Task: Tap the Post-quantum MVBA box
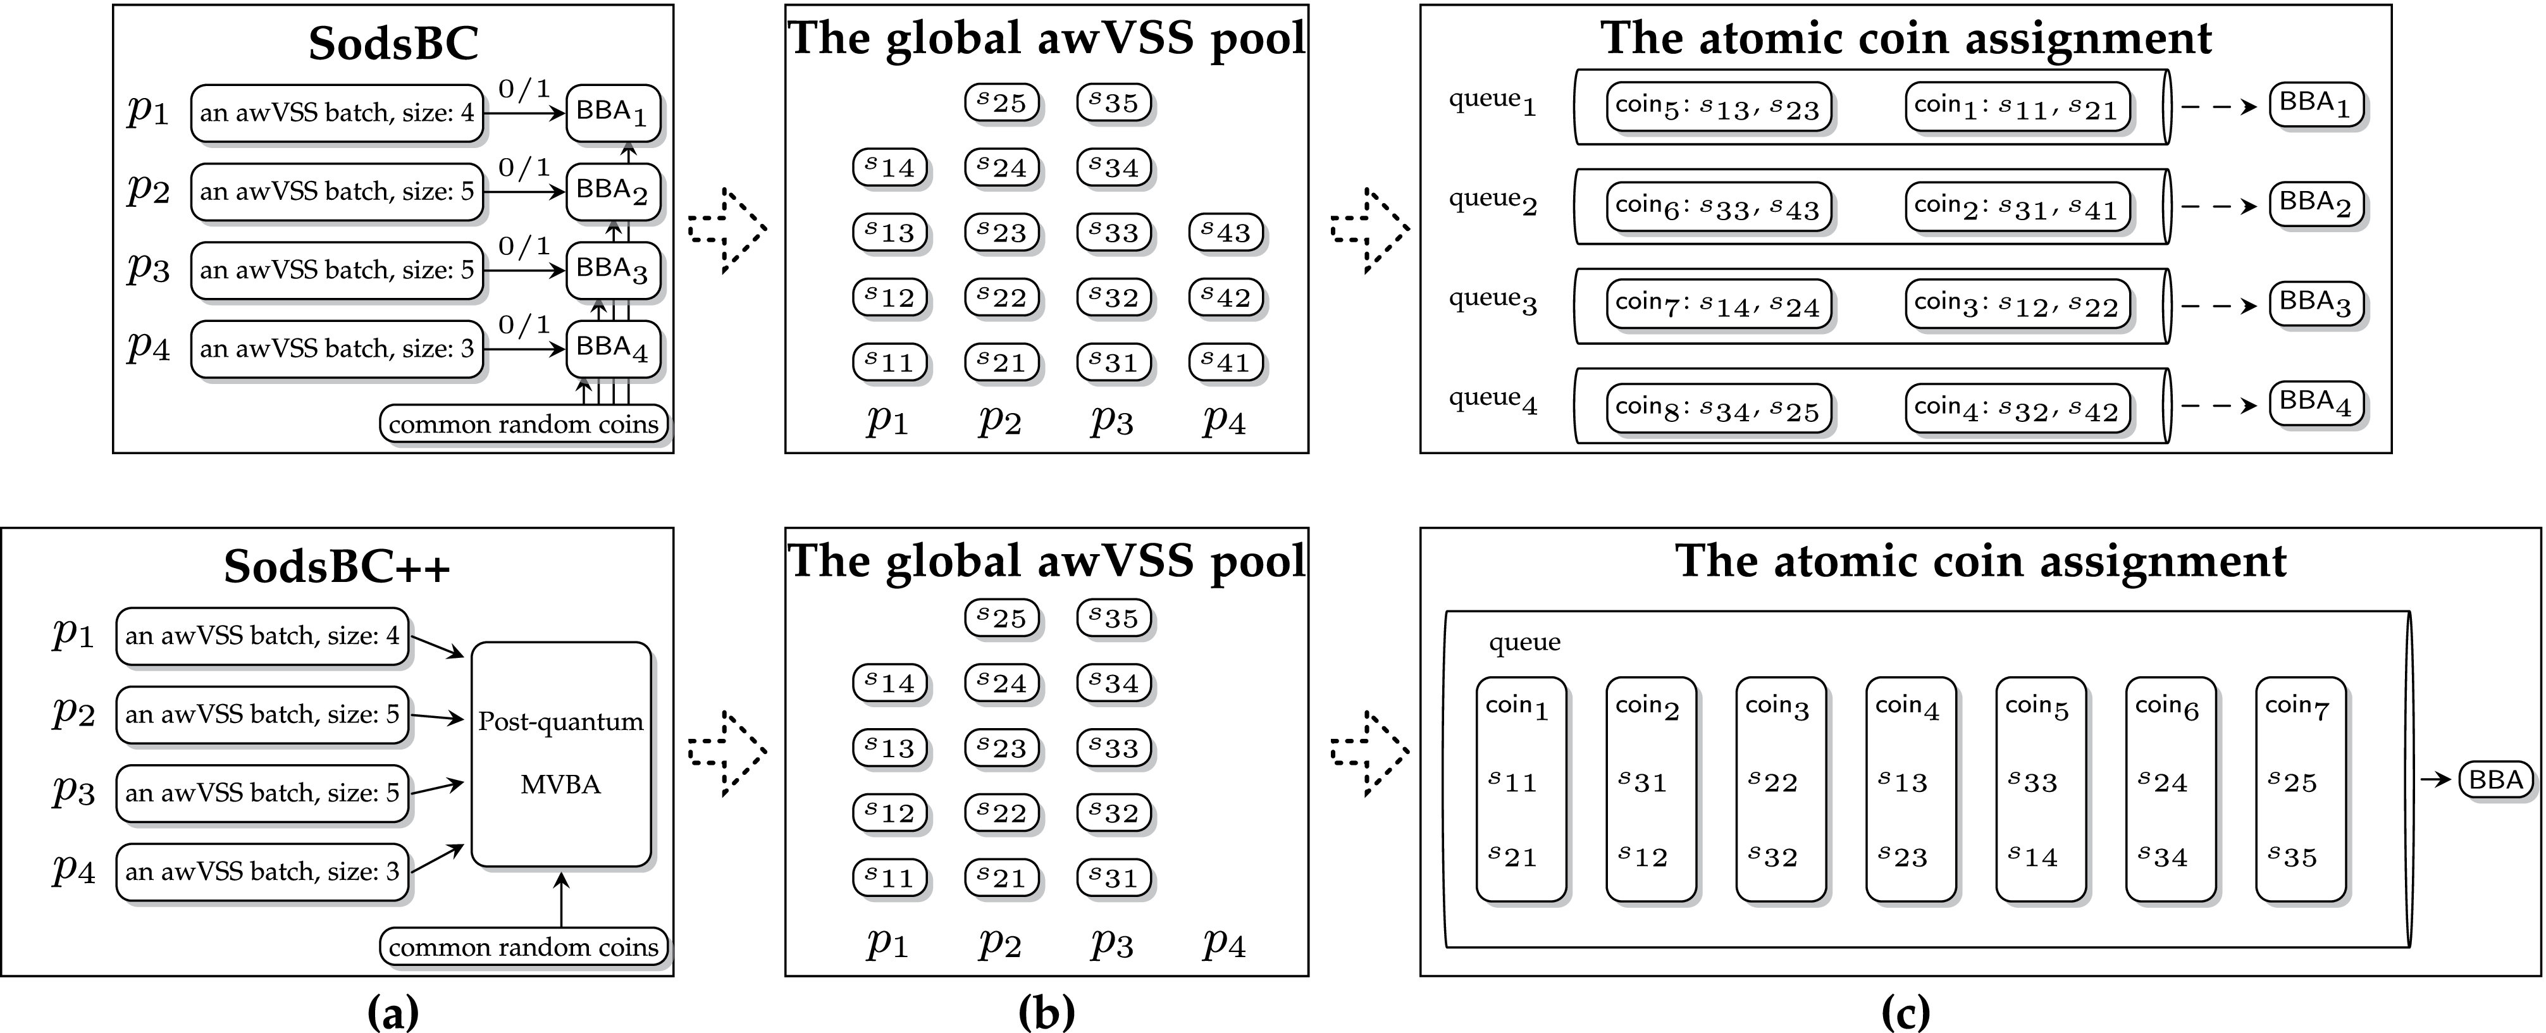560,753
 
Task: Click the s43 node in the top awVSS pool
1226,232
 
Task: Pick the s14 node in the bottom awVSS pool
889,682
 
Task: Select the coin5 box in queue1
1718,106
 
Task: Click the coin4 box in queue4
2017,408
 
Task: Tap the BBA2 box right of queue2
2314,204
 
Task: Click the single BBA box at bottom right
2495,780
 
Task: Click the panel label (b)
1046,1012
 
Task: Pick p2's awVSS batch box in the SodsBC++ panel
262,714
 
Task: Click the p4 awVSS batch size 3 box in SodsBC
336,348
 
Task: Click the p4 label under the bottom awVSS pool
1223,944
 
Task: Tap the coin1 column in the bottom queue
1520,789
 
